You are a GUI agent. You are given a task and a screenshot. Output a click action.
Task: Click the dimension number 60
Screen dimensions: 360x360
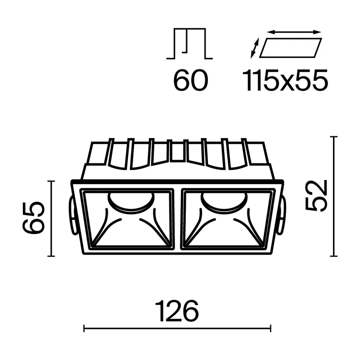click(190, 80)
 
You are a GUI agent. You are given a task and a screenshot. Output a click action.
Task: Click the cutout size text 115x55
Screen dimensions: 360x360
click(285, 80)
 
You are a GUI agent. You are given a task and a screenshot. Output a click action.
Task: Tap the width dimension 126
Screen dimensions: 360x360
click(177, 311)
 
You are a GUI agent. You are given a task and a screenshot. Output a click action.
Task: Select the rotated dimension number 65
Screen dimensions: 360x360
click(33, 218)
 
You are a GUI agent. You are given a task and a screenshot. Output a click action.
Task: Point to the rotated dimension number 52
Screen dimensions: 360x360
click(316, 196)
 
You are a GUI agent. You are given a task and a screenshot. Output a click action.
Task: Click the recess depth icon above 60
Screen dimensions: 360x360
click(189, 44)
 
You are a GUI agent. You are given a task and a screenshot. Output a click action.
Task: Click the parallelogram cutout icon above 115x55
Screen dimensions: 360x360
click(291, 48)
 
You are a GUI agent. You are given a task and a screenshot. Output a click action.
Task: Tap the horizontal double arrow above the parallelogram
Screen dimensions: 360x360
click(294, 31)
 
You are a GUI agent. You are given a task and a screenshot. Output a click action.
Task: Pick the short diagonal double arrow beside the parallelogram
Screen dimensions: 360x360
click(255, 48)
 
